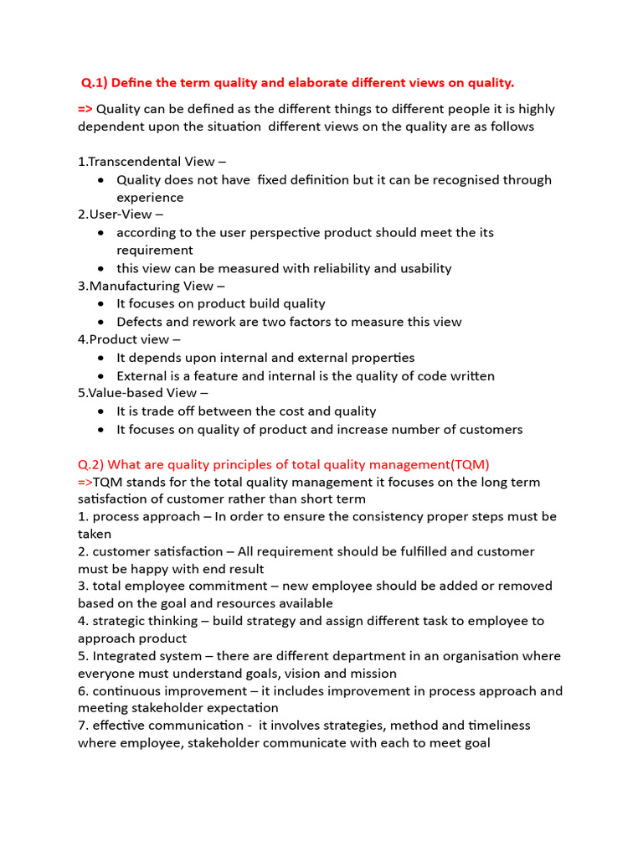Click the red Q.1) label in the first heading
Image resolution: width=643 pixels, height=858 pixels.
click(94, 82)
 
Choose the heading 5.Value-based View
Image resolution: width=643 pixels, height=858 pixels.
click(136, 392)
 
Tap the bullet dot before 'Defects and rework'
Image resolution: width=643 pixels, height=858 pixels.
click(100, 323)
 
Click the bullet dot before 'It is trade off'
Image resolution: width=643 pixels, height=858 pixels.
click(100, 411)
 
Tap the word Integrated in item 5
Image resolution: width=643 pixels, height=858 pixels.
click(126, 655)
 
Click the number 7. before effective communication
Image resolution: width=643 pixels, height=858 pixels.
click(83, 725)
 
